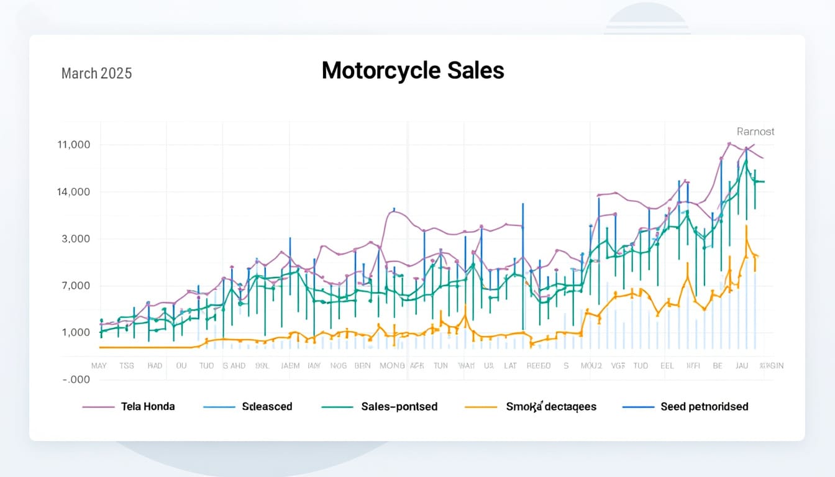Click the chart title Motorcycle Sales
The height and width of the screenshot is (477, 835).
[413, 71]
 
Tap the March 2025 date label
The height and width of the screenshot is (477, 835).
[96, 73]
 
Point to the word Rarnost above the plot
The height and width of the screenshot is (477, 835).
[755, 132]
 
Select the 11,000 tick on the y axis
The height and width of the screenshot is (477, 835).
[73, 145]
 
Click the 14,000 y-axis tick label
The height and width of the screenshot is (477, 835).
[73, 192]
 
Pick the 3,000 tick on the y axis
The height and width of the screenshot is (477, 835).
[76, 239]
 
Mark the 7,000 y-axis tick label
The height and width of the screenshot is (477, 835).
[76, 286]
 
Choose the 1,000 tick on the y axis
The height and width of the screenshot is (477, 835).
[76, 332]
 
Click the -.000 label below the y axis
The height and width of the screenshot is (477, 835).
[76, 379]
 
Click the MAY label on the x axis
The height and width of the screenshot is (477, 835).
[99, 366]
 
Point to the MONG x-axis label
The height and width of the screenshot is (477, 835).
[392, 366]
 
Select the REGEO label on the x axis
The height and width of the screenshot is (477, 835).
[538, 366]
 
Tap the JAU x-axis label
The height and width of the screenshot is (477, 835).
[742, 366]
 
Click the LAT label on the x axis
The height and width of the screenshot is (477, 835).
[510, 366]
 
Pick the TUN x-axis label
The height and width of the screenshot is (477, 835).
[440, 366]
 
